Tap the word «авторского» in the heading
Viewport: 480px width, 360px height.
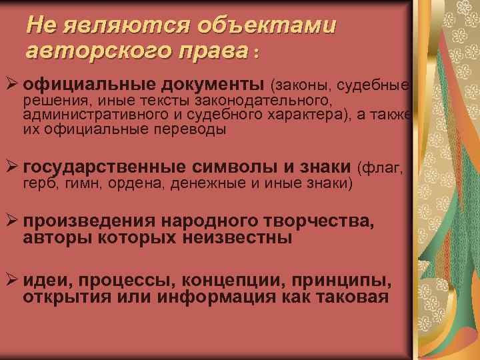click(x=87, y=49)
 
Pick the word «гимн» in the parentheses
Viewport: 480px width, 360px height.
click(x=83, y=182)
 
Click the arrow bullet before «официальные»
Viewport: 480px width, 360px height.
click(x=11, y=85)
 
